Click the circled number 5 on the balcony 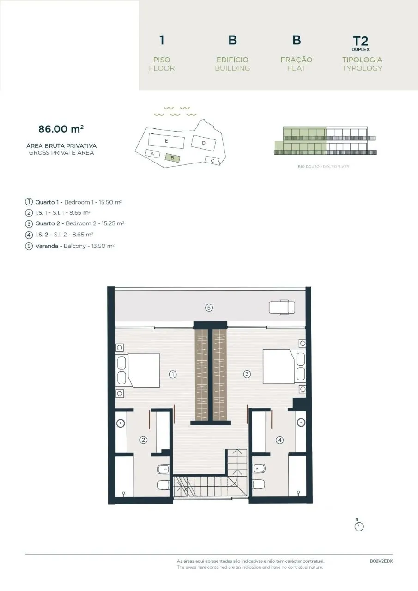click(x=209, y=308)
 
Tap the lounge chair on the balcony click(x=282, y=307)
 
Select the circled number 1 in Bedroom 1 click(x=173, y=374)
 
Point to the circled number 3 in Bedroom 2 click(x=247, y=374)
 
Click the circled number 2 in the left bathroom click(x=143, y=440)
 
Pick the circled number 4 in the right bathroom click(x=279, y=440)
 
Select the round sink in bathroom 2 click(x=121, y=423)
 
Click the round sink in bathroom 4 click(x=301, y=422)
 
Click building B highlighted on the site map click(x=172, y=158)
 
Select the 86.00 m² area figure click(x=61, y=129)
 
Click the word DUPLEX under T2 click(x=360, y=49)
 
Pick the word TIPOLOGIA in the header click(x=362, y=60)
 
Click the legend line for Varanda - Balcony click(x=70, y=246)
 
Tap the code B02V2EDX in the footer click(x=381, y=561)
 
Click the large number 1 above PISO click(x=162, y=40)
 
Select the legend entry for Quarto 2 click(x=75, y=223)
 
